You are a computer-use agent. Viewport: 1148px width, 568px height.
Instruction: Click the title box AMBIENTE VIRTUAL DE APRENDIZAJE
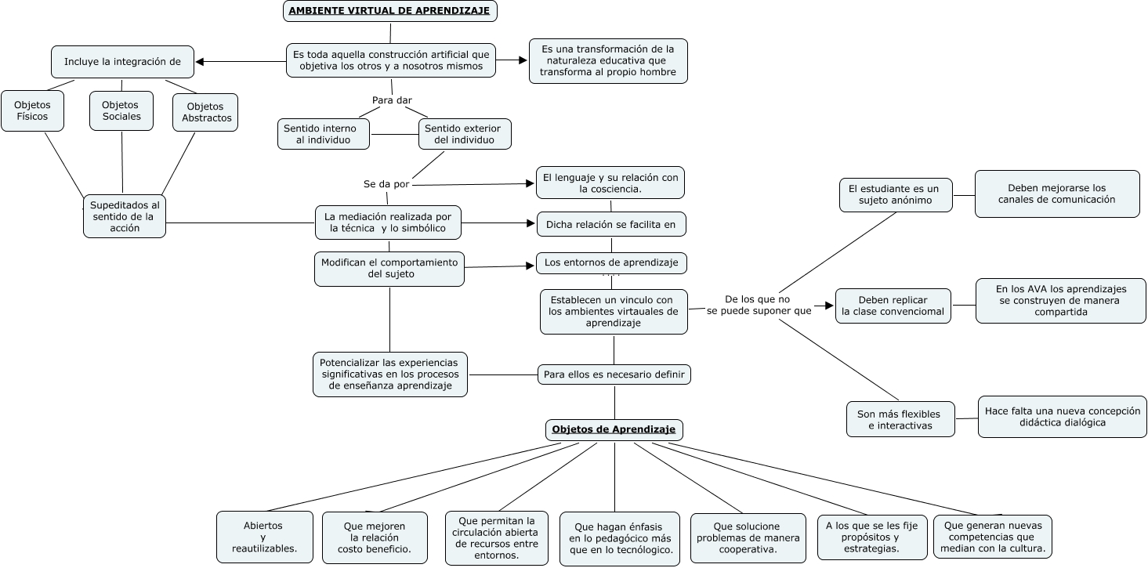389,11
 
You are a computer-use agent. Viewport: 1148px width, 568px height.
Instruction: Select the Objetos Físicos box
32,110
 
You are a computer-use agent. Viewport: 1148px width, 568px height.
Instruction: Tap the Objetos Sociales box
121,110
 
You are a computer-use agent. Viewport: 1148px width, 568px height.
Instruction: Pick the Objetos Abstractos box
206,112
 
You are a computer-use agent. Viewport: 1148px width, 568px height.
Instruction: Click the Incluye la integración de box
122,62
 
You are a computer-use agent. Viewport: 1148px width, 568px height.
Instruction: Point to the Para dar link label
392,99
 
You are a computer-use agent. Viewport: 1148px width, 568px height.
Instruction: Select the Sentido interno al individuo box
323,134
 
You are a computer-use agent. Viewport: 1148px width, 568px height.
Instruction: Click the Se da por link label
386,184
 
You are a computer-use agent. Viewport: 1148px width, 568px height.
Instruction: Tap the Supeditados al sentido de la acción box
125,216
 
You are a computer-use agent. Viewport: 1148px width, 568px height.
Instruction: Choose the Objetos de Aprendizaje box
614,429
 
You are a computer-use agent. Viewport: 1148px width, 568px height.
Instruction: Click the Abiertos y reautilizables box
264,537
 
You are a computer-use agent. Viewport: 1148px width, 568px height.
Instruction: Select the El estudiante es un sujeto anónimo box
895,194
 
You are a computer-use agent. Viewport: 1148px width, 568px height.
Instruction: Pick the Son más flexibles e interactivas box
900,419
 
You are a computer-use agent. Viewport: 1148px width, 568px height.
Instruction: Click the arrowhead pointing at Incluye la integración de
200,62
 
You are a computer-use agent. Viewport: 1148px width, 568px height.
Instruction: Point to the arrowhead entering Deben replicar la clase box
829,306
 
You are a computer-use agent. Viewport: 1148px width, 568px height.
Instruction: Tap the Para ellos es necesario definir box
614,374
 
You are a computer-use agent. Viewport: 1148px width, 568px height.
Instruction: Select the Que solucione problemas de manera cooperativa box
748,537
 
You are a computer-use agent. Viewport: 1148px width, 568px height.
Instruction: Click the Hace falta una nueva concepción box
1062,416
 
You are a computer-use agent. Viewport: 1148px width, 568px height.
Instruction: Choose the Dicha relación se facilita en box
610,224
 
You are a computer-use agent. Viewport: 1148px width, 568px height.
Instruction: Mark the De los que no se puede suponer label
758,305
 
